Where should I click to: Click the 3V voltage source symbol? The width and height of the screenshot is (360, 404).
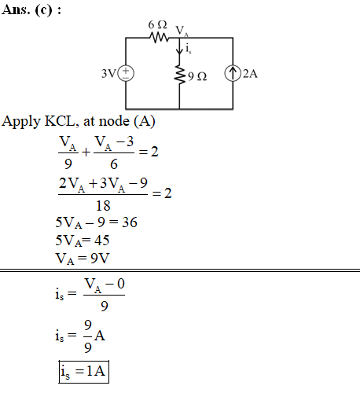126,73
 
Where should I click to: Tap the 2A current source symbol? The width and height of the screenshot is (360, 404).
233,73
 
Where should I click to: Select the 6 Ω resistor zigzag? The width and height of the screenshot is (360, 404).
159,38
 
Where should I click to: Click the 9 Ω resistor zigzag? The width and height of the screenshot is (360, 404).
180,75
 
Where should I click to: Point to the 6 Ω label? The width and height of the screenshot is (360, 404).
157,25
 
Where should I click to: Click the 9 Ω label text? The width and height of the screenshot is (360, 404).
197,76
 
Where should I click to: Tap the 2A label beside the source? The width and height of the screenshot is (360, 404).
250,74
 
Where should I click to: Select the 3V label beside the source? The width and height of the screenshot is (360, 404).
108,74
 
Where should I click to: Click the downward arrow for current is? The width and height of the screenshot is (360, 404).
179,46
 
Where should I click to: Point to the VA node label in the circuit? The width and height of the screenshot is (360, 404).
182,31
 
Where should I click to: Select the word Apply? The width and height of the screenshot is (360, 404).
21,122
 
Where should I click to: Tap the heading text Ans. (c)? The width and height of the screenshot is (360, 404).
31,10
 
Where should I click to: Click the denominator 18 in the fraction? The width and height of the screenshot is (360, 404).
103,206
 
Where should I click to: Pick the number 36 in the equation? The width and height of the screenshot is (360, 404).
130,222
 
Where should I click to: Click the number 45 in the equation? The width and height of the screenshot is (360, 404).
101,241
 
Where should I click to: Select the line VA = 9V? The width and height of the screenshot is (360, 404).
83,259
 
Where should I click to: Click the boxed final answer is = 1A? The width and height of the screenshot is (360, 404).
84,372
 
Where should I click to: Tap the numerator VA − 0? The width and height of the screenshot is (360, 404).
105,285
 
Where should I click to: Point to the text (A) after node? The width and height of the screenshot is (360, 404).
145,121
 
